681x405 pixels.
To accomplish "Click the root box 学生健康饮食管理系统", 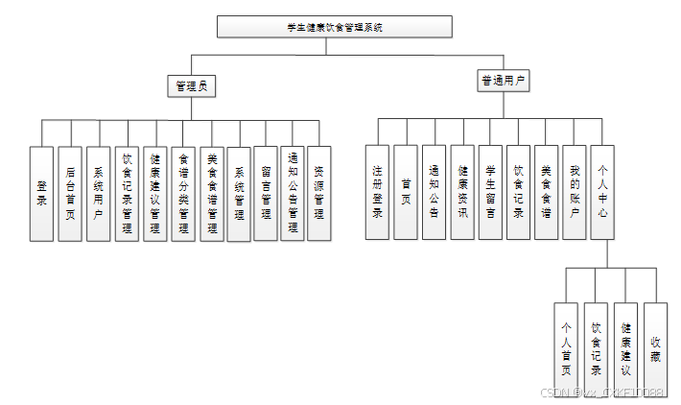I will point(334,27).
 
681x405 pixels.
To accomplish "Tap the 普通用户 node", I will point(503,81).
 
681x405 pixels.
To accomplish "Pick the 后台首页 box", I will point(70,193).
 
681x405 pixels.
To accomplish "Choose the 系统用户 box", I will point(98,193).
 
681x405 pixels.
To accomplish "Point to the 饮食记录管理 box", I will point(127,193).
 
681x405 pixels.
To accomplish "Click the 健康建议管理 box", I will point(154,193).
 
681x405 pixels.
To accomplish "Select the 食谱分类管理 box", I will point(183,193).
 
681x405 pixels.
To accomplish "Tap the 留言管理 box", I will point(266,193).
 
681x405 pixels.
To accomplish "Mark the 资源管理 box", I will point(319,193).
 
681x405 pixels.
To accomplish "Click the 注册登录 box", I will point(378,191).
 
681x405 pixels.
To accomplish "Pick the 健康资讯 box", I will point(462,191).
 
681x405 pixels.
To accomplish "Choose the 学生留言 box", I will point(490,191).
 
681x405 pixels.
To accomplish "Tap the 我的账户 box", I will point(574,191).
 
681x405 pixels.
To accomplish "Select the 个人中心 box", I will point(602,191).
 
